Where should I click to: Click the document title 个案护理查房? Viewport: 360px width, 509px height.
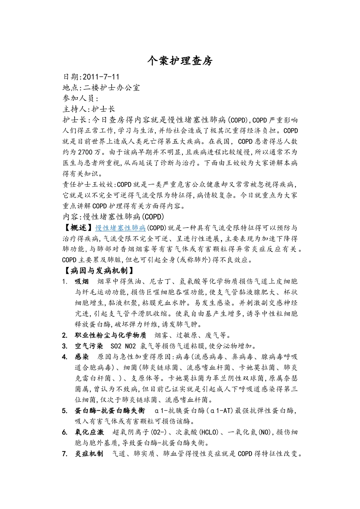click(x=180, y=61)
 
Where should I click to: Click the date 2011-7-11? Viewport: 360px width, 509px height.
click(x=101, y=77)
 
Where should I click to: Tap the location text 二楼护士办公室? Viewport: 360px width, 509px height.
click(x=111, y=88)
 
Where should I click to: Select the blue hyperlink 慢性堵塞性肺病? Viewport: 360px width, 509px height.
click(x=121, y=228)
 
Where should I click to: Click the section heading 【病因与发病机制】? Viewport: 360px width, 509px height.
click(x=99, y=271)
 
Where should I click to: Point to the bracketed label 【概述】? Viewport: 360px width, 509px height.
click(x=78, y=228)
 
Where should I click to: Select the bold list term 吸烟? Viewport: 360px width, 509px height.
click(x=81, y=281)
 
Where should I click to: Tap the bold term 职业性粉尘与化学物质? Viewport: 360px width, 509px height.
click(x=110, y=335)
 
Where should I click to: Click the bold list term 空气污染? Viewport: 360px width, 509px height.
click(x=89, y=346)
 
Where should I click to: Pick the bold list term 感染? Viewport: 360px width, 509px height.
click(x=81, y=357)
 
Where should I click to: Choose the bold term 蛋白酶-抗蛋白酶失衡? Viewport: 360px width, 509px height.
click(x=110, y=411)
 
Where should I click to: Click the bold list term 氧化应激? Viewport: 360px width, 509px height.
click(x=89, y=432)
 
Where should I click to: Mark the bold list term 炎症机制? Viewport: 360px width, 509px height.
click(x=89, y=454)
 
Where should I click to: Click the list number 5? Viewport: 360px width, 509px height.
click(x=65, y=411)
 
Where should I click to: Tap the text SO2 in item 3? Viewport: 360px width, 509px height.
click(x=116, y=346)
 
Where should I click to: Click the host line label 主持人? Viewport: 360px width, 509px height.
click(x=75, y=109)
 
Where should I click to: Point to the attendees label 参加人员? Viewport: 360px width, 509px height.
click(x=78, y=99)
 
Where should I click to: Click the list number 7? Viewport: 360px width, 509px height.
click(x=65, y=454)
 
